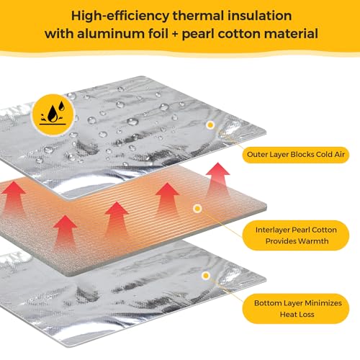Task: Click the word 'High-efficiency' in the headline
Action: point(120,17)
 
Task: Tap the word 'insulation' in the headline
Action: point(259,16)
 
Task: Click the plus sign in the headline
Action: point(175,34)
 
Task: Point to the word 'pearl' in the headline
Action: point(198,35)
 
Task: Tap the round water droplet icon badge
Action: point(53,115)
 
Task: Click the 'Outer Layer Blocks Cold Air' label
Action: point(296,155)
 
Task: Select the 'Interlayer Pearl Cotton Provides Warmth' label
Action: point(296,235)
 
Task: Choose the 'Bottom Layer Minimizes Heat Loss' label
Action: point(296,308)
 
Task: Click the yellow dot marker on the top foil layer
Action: point(210,125)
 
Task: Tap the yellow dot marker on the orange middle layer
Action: point(197,208)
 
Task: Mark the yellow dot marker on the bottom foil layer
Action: point(205,276)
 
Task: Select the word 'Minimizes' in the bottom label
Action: point(323,303)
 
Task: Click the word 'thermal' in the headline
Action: point(198,16)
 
